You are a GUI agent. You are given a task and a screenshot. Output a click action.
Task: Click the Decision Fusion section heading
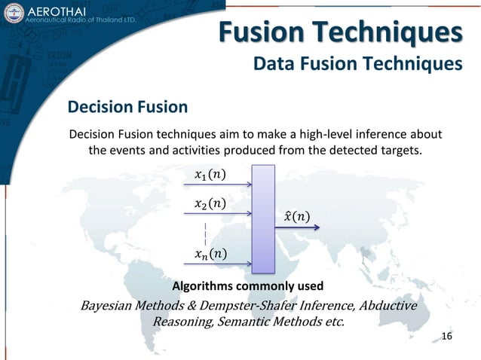click(x=128, y=107)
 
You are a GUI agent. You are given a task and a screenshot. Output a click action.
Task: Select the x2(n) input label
click(x=209, y=203)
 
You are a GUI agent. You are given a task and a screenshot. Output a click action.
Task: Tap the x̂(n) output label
click(x=296, y=218)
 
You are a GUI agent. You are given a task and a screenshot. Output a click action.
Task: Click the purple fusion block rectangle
click(x=264, y=218)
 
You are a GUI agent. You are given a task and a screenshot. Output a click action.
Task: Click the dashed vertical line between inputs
click(x=205, y=232)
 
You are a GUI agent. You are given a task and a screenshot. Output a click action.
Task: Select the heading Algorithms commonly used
click(x=248, y=286)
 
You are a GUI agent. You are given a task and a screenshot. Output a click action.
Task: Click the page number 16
click(x=446, y=335)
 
